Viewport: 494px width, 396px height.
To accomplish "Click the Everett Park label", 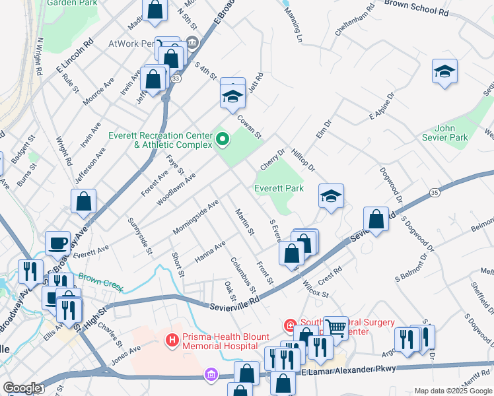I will (279, 188).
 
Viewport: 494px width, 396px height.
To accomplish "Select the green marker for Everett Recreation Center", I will (223, 139).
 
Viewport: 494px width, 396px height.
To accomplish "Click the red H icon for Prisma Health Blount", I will (172, 340).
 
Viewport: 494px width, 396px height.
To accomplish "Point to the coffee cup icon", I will (58, 242).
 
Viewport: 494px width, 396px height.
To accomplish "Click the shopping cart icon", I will (336, 327).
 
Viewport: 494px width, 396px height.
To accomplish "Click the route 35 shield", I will (434, 192).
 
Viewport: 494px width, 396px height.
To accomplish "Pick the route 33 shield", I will (175, 79).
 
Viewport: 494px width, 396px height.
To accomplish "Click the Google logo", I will (22, 388).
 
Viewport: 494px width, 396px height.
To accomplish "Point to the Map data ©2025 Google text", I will (452, 391).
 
